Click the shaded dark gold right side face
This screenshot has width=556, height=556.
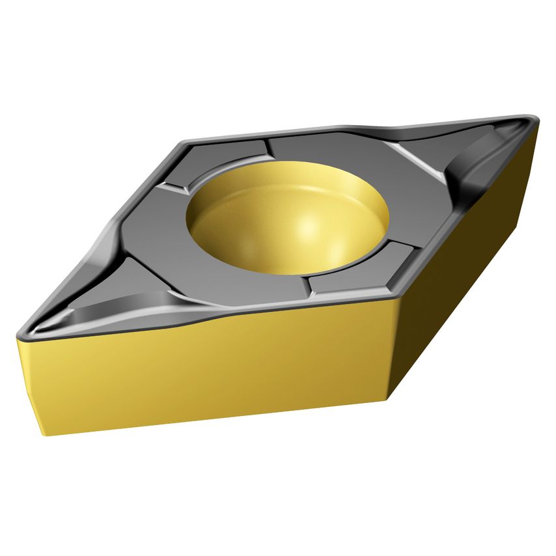pos(456,273)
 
